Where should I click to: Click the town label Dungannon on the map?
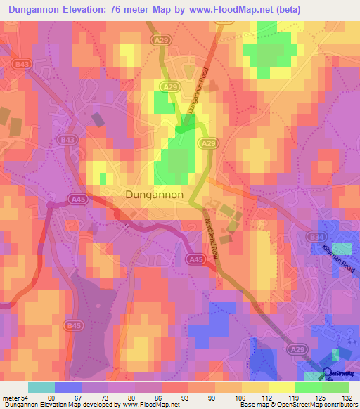click(155, 194)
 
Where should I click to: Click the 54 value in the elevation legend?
click(25, 398)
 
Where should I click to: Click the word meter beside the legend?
click(11, 398)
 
